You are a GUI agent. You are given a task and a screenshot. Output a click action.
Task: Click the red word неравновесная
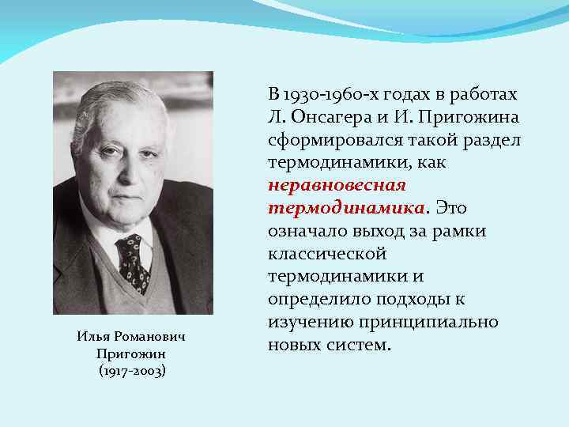click(337, 186)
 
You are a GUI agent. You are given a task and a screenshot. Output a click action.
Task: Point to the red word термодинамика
click(346, 209)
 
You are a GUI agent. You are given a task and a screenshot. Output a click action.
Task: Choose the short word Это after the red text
click(450, 209)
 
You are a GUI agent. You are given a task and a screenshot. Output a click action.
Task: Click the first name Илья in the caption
click(93, 337)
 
